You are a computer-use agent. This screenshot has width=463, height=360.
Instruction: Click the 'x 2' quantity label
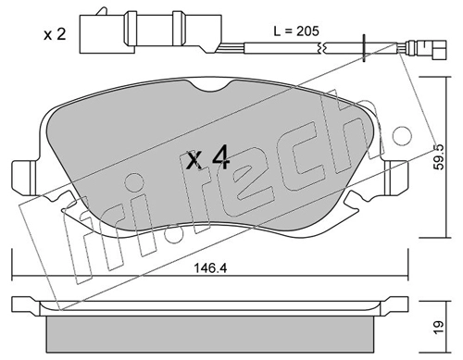tap(55, 34)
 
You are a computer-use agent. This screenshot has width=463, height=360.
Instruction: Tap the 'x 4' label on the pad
tap(207, 157)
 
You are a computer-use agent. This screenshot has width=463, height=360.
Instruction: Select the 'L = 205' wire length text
tap(296, 31)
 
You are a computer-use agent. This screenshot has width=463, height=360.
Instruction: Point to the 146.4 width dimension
tap(210, 267)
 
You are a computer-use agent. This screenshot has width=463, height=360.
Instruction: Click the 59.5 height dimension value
tap(438, 156)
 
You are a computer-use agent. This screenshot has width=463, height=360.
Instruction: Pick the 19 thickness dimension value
tap(438, 327)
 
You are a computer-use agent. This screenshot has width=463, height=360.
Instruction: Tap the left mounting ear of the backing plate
tap(23, 178)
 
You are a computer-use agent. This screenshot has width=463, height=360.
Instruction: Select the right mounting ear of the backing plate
tap(396, 178)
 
